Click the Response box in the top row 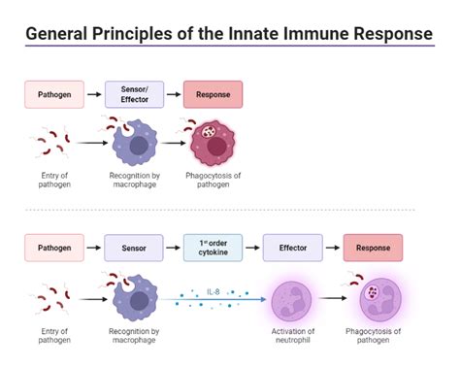[x=213, y=94]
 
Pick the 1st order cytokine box [x=213, y=248]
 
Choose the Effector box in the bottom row [x=292, y=248]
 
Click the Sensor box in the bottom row [x=133, y=248]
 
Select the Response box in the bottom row [x=373, y=248]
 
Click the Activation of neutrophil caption [x=292, y=341]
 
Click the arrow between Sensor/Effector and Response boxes [x=172, y=94]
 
